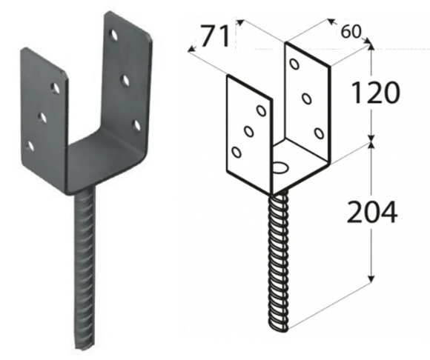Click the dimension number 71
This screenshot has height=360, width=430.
point(215,36)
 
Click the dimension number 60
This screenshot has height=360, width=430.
point(350,32)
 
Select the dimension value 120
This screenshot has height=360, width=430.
point(374,93)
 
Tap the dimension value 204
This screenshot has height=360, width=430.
point(372,212)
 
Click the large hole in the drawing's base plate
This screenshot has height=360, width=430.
point(279,167)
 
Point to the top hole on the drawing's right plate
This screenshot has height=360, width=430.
point(294,64)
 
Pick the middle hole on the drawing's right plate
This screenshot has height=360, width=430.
point(307,99)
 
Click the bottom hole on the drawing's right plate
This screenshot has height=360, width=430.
point(319,133)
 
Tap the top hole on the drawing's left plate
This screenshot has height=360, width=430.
point(261,110)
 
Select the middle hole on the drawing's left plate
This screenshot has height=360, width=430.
point(248,131)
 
